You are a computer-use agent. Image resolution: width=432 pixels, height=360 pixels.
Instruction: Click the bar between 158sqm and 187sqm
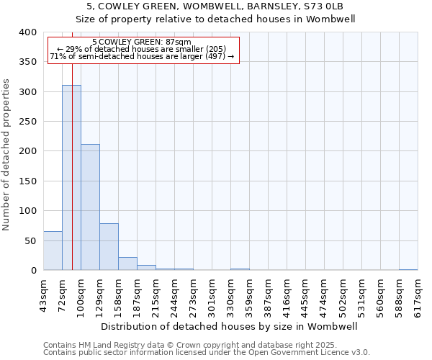point(127,264)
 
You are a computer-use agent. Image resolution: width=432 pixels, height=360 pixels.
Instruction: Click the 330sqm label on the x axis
point(231,293)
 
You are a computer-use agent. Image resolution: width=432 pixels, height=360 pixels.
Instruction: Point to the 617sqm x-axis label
point(418,293)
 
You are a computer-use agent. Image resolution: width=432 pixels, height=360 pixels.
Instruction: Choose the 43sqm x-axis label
point(44,293)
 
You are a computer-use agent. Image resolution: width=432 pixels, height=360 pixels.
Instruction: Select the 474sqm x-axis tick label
point(325,293)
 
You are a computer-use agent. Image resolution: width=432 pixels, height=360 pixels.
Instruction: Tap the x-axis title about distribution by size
point(230,326)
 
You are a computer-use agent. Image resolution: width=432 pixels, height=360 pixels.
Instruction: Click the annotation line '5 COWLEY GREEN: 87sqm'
point(142,42)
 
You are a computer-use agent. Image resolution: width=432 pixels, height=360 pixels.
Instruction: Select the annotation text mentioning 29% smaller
point(142,49)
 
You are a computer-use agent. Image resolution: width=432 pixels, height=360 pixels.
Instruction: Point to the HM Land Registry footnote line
point(189,346)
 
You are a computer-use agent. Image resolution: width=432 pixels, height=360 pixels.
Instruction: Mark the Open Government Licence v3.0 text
point(302,353)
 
